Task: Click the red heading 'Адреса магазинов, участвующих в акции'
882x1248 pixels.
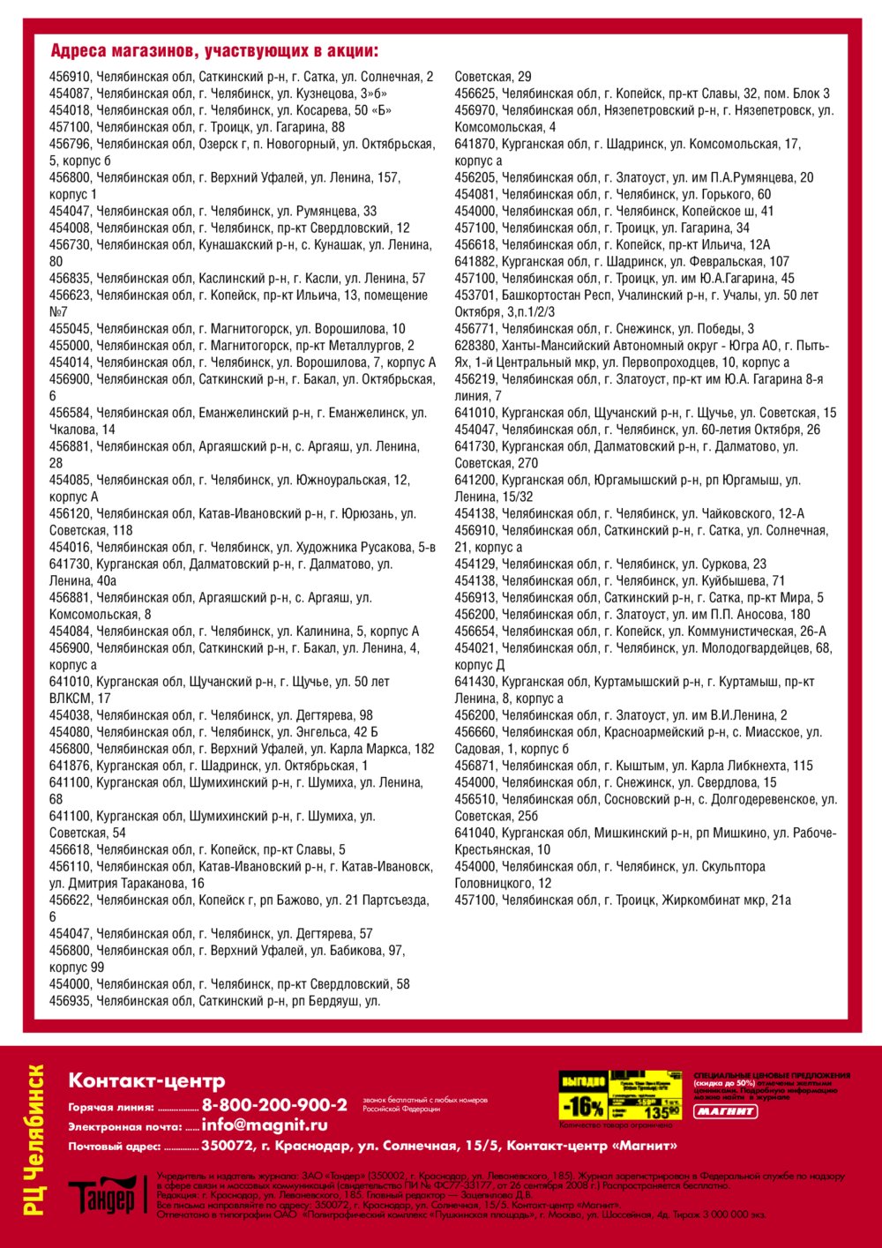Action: coord(214,50)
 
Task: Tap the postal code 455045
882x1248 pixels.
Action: coord(70,329)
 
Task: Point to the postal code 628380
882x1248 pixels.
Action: coord(475,346)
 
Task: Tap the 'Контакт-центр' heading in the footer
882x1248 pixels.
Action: coord(146,1080)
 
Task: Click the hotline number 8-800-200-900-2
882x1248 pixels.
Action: coord(274,1105)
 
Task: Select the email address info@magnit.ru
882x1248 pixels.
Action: coord(265,1125)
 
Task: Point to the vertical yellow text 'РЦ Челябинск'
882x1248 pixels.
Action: coord(35,1140)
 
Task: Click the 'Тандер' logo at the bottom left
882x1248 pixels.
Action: coord(101,1198)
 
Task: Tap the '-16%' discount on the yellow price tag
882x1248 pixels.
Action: coord(582,1106)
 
